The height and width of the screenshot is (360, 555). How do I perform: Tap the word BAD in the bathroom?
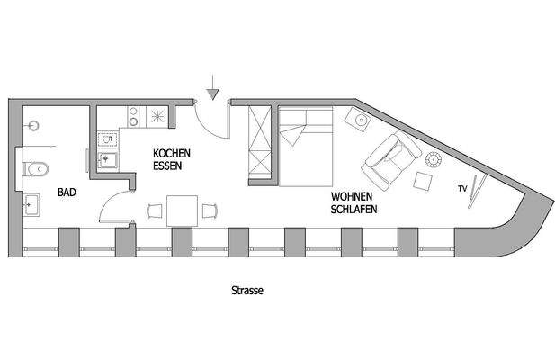pos(67,193)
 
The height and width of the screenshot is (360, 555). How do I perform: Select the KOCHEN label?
pos(172,153)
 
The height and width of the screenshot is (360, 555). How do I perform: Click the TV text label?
pos(462,188)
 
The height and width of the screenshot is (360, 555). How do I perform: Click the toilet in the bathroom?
pos(38,168)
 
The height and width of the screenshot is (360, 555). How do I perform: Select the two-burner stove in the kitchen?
pos(134,116)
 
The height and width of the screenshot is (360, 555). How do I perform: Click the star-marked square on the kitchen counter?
pos(157,115)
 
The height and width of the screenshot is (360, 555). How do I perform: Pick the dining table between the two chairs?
pos(182,211)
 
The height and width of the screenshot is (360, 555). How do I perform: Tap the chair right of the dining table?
pos(210,211)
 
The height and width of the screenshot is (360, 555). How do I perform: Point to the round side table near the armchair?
pos(434,160)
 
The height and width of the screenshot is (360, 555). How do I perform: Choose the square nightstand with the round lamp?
pos(359,118)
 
